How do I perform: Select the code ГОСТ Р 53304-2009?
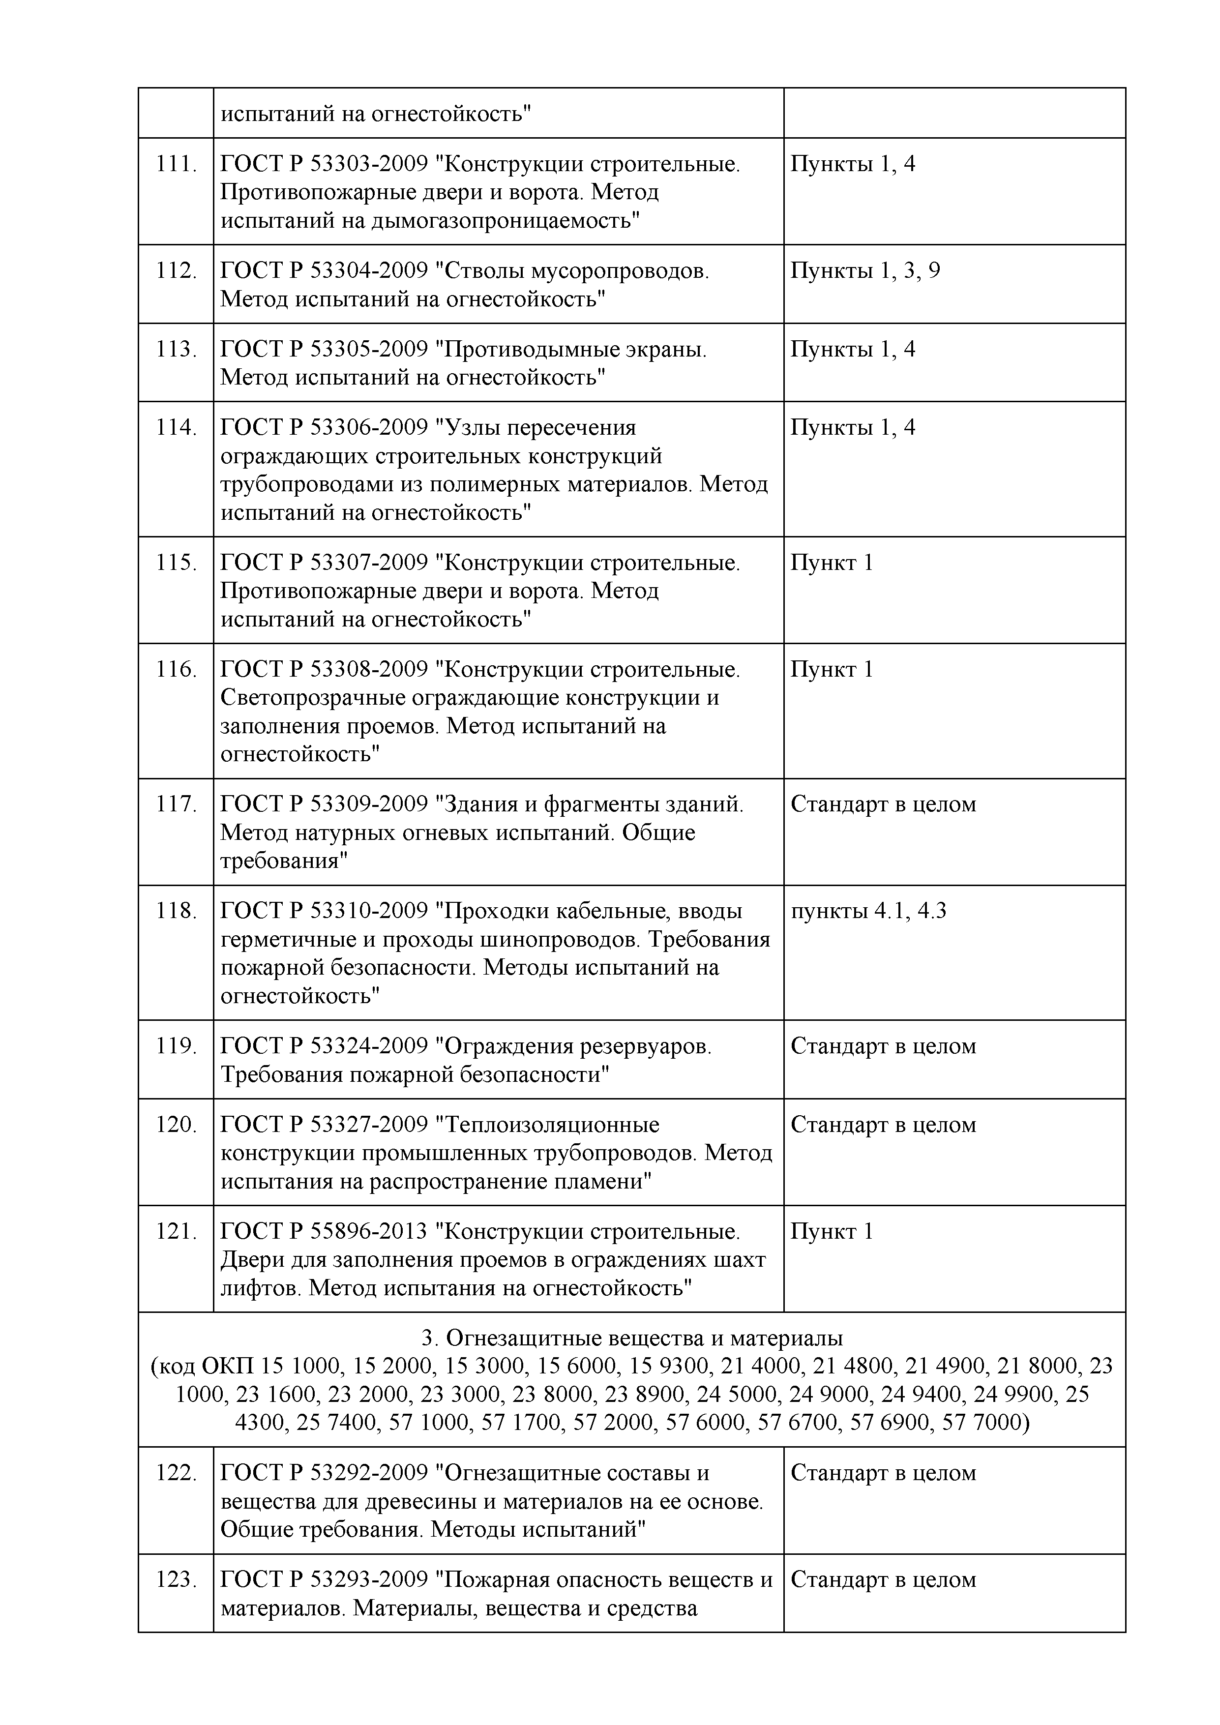324,270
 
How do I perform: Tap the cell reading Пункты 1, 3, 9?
864,270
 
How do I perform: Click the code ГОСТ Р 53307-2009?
324,563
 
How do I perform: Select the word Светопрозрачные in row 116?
313,698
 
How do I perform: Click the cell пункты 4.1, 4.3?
868,911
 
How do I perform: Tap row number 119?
176,1046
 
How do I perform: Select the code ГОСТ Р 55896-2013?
324,1231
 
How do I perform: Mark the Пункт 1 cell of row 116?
832,669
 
